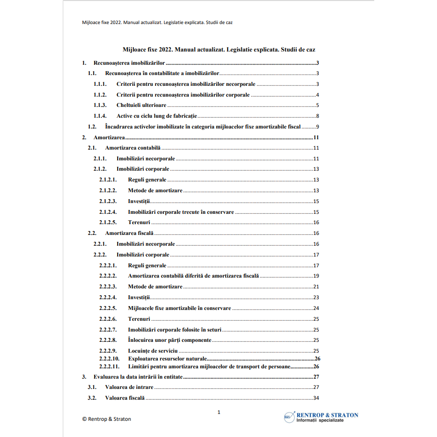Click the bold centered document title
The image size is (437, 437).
219,50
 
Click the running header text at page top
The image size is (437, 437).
157,23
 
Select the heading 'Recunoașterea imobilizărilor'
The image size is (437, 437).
129,63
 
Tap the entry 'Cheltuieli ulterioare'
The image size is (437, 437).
141,105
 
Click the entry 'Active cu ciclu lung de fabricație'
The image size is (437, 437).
156,116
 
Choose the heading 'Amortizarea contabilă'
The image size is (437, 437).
132,148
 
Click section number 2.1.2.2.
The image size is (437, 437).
107,190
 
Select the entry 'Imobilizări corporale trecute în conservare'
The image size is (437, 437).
181,212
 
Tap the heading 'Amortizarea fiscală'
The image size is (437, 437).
129,233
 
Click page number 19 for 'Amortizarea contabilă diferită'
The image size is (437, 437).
316,276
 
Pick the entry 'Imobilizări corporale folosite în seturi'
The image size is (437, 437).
174,330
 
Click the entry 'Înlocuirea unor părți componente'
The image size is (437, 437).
170,340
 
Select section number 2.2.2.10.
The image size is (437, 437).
109,359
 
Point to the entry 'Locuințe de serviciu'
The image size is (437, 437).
153,351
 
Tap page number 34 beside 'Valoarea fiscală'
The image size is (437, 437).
316,398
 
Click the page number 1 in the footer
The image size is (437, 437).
219,412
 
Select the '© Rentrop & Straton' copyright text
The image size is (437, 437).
106,419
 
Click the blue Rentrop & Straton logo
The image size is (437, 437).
321,417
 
